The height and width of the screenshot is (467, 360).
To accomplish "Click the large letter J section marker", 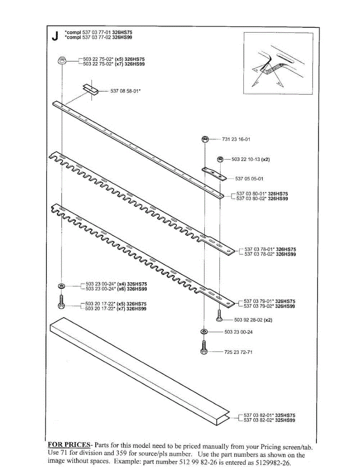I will (54, 36).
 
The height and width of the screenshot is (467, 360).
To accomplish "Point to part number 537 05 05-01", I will (249, 179).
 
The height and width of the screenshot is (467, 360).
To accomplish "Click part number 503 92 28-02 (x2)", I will (253, 320).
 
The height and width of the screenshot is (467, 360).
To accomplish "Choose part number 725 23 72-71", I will (239, 352).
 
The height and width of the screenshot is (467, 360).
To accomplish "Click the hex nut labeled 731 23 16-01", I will (205, 139).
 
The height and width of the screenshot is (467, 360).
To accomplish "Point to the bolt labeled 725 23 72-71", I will (204, 348).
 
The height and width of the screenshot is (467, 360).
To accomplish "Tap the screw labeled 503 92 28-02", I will (219, 316).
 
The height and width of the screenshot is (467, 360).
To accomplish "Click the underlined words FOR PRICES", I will (68, 444).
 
